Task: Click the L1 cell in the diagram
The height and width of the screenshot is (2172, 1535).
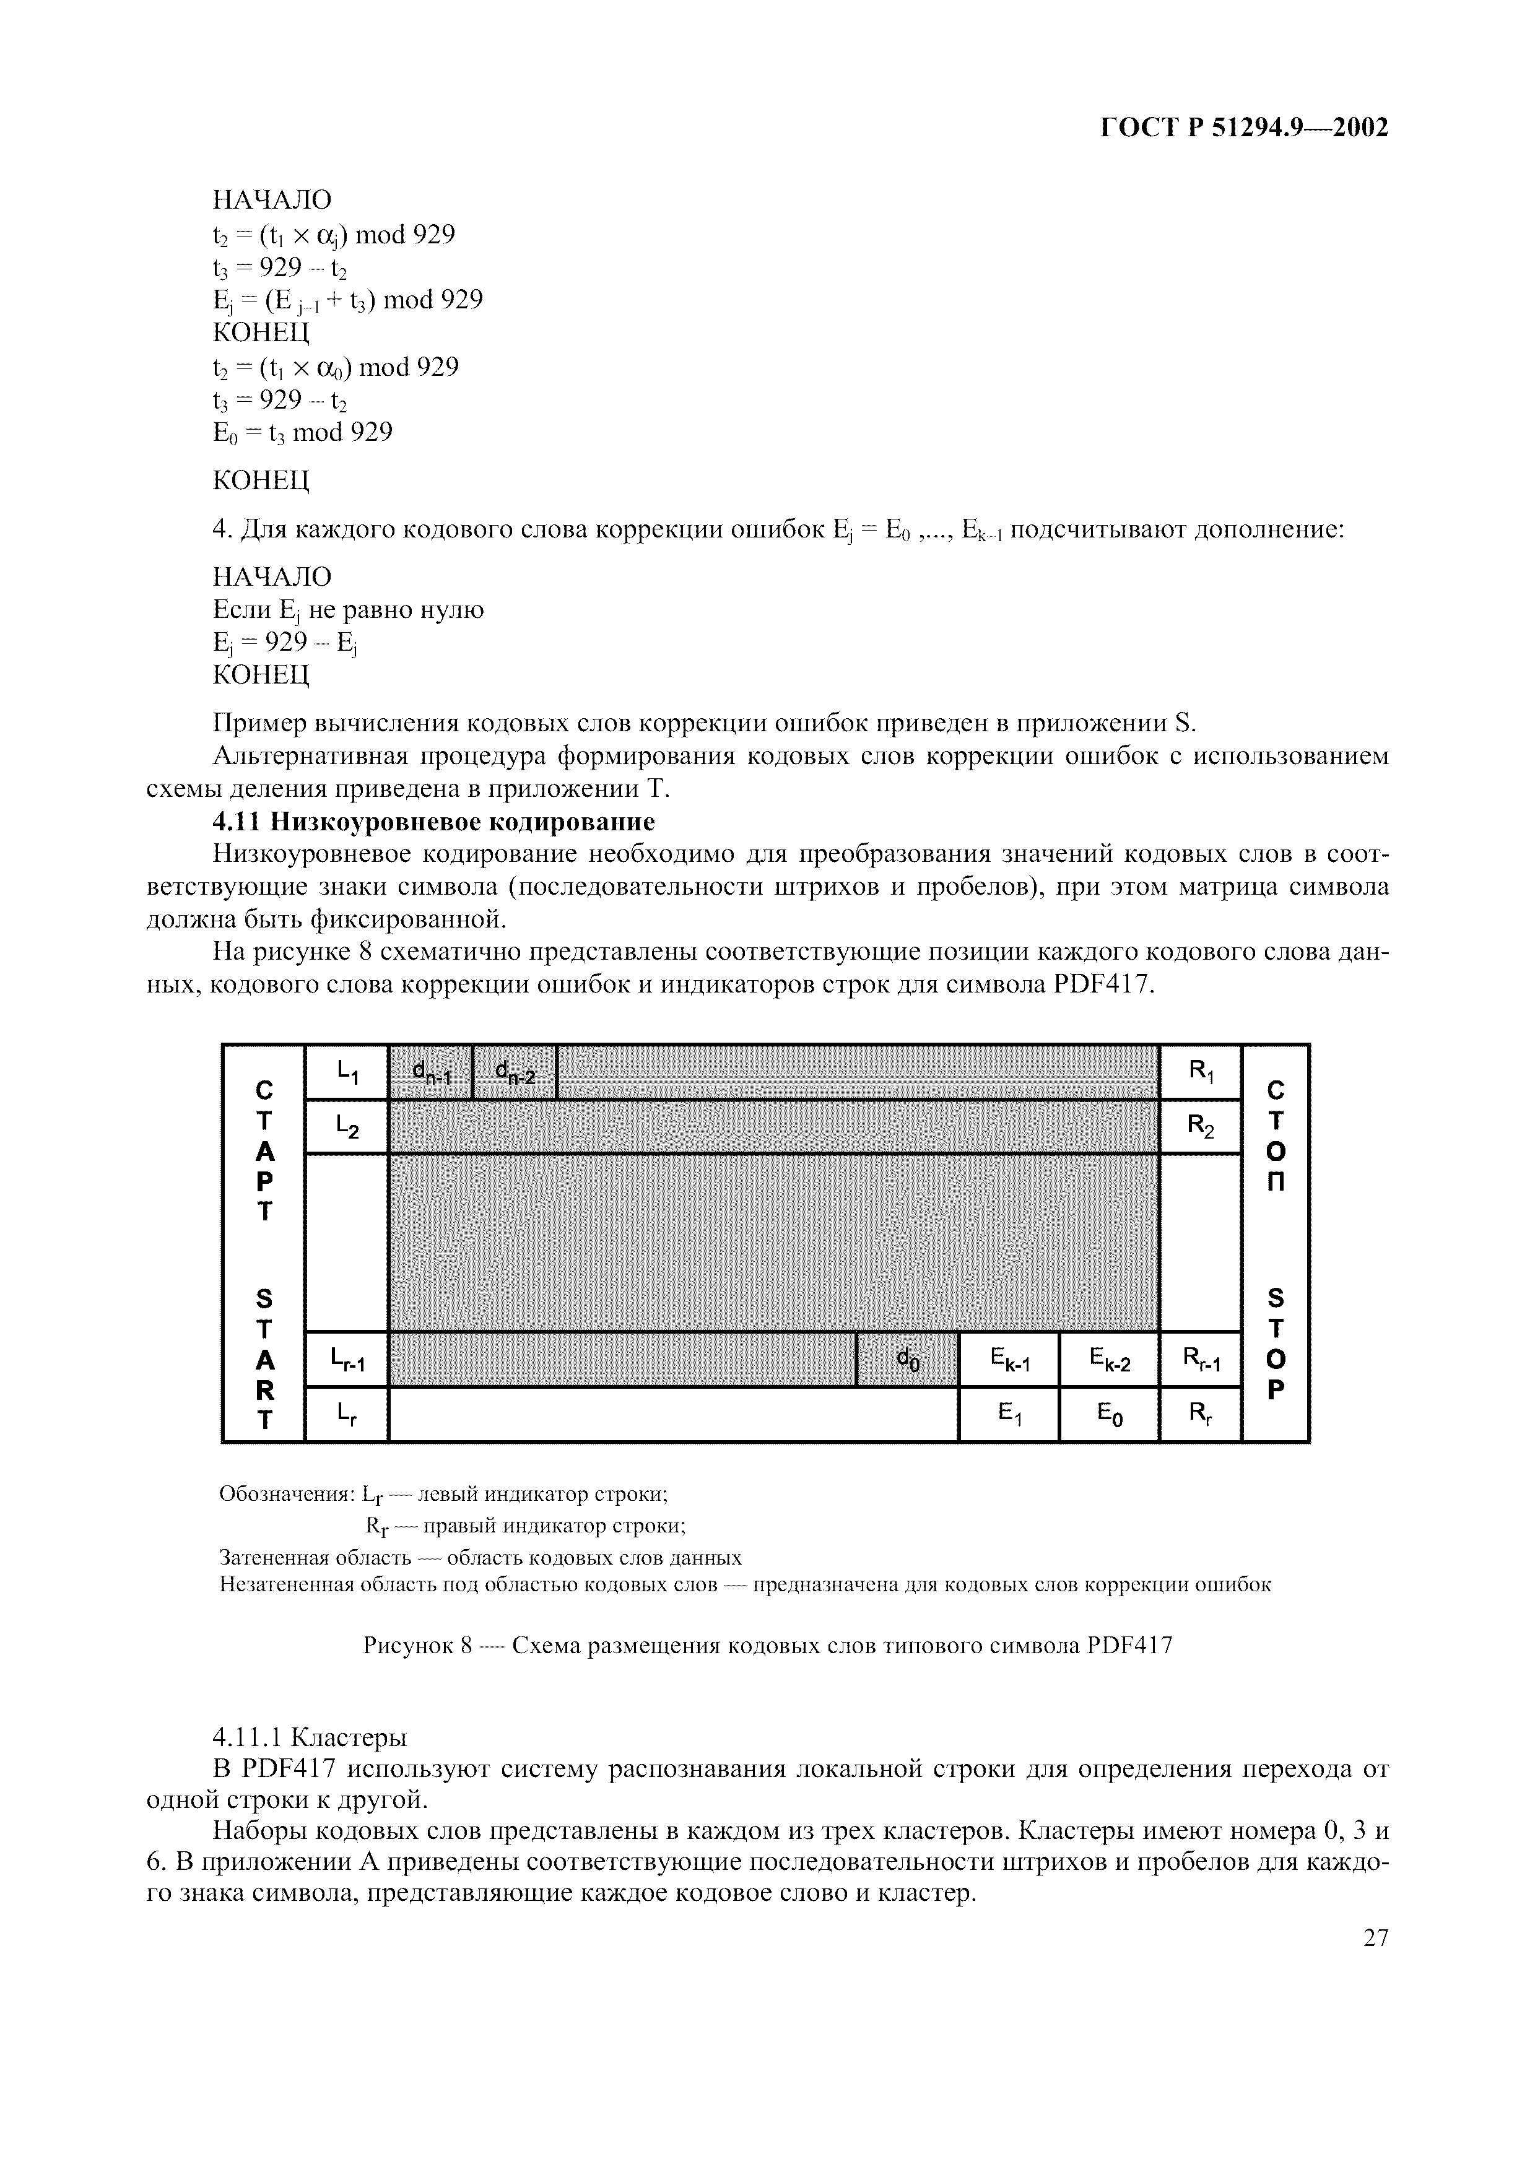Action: click(x=346, y=1072)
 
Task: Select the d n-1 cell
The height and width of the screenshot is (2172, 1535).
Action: click(x=430, y=1072)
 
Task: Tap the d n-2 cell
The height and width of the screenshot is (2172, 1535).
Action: click(x=515, y=1072)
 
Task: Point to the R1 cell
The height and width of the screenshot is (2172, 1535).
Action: click(x=1200, y=1072)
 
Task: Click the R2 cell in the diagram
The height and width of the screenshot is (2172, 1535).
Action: click(x=1200, y=1126)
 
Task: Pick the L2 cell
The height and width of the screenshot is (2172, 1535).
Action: click(x=346, y=1126)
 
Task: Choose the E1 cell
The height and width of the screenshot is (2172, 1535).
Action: click(x=1009, y=1414)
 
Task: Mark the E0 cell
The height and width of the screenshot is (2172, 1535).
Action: click(x=1108, y=1414)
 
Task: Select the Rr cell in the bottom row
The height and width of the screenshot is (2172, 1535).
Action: click(x=1200, y=1414)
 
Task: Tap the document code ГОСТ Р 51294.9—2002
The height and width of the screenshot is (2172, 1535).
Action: click(x=1244, y=127)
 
